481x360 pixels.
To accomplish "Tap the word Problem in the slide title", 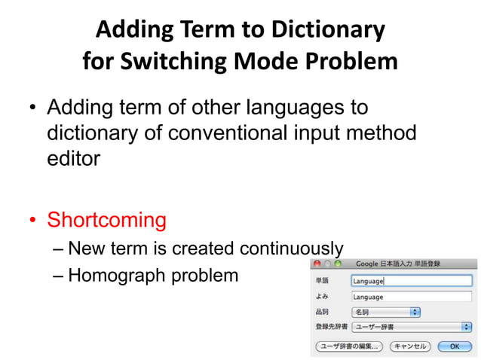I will (350, 61).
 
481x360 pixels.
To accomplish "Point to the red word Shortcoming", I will (106, 220).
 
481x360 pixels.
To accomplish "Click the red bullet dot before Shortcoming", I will (33, 221).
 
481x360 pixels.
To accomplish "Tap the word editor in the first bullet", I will (73, 159).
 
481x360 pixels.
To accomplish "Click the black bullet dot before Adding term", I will (33, 108).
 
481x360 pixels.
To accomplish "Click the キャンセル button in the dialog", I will (410, 346).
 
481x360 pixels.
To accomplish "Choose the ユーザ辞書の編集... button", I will (348, 346).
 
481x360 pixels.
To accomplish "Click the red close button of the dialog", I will (317, 264).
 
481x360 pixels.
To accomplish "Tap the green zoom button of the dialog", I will (339, 264).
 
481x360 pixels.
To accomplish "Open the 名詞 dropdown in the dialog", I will (385, 312).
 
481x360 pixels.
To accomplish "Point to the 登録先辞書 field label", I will (330, 327).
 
